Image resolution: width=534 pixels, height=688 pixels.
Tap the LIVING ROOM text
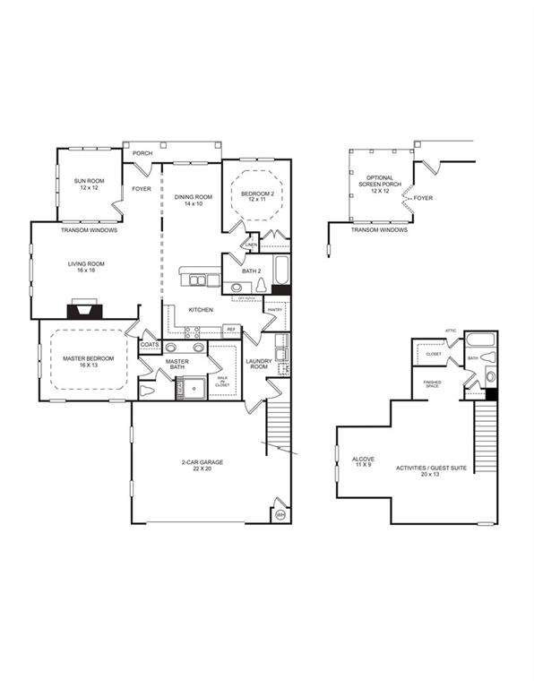click(87, 267)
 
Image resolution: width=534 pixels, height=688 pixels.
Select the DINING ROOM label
click(193, 200)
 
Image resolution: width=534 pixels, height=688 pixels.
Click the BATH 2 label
click(252, 271)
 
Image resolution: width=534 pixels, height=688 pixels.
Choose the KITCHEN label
click(199, 310)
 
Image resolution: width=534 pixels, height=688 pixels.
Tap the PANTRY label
click(275, 310)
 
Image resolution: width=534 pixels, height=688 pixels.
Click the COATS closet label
click(150, 343)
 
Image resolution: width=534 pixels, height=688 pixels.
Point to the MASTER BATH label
click(176, 365)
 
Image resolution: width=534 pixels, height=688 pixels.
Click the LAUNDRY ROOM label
click(259, 365)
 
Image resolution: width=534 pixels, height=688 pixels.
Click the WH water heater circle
click(280, 514)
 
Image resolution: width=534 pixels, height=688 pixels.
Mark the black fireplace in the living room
click(85, 311)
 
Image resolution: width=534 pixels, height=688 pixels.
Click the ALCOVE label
click(363, 462)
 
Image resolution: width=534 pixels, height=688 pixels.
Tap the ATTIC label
click(451, 331)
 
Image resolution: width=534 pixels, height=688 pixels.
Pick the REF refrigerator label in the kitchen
click(230, 330)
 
